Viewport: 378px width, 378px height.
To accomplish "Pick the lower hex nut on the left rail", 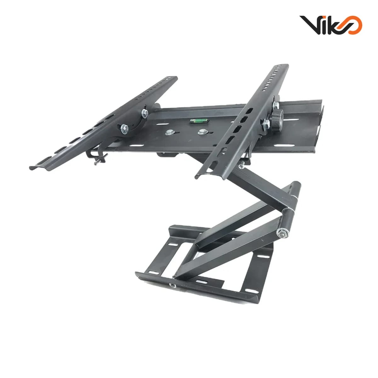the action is tap(124, 129).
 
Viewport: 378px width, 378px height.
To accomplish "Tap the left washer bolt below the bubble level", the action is tap(169, 132).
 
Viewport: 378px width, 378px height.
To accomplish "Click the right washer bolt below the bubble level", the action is tap(202, 132).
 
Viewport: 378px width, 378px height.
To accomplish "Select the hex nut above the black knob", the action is tap(276, 106).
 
